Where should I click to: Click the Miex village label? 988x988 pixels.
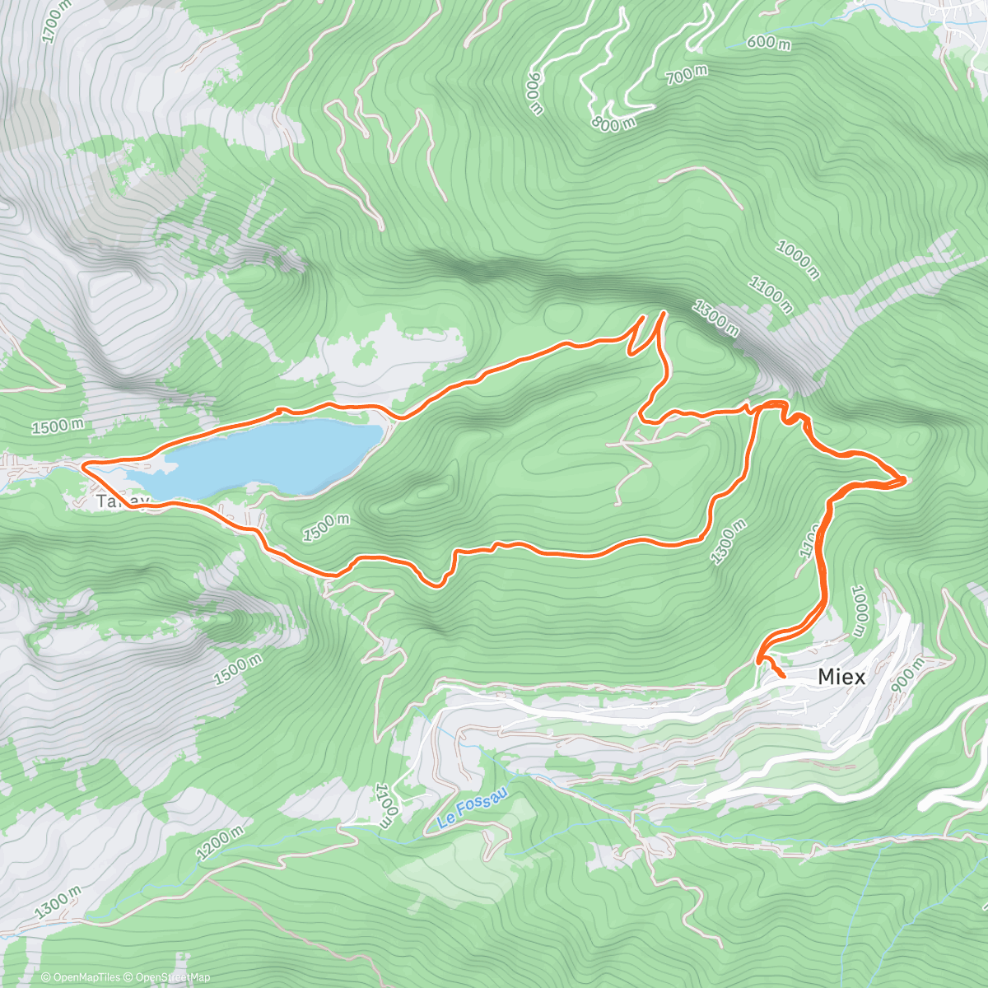click(x=841, y=677)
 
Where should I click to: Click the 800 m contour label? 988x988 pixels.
click(x=613, y=123)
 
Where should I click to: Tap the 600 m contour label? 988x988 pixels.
click(x=768, y=41)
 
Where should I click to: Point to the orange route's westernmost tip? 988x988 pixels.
click(x=84, y=467)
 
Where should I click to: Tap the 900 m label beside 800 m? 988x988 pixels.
click(x=534, y=92)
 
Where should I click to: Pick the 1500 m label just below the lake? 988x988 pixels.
click(x=327, y=528)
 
